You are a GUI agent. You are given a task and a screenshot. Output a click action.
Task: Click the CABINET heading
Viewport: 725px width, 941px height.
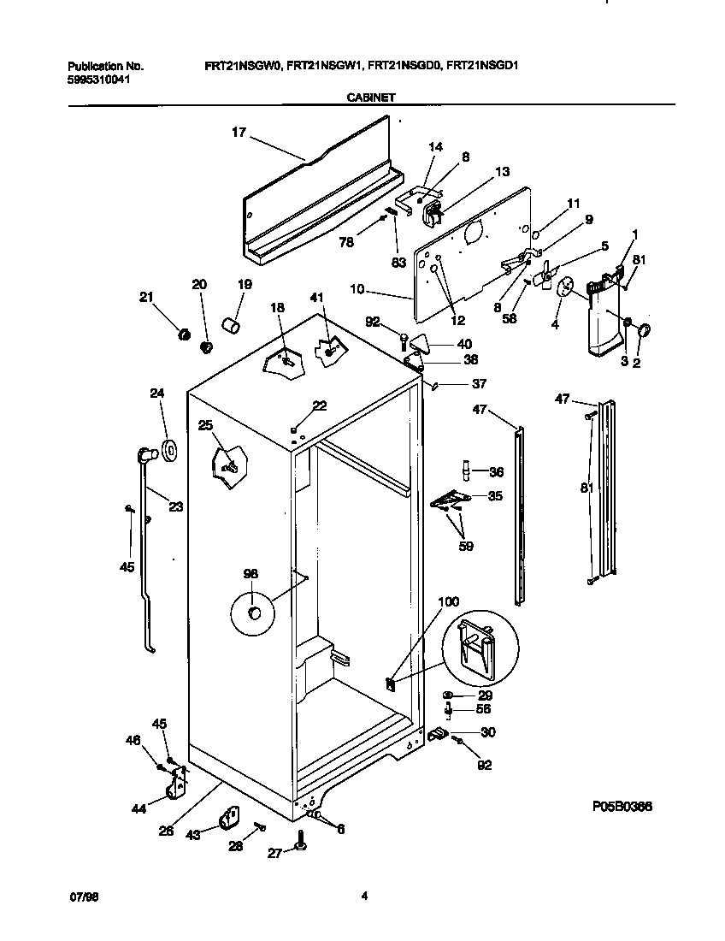point(370,98)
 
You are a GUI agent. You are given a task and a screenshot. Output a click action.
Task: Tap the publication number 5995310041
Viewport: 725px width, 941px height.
point(99,80)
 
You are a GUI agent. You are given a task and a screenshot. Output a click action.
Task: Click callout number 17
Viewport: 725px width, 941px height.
point(239,132)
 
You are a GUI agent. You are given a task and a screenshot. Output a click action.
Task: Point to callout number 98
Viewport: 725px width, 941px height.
point(251,574)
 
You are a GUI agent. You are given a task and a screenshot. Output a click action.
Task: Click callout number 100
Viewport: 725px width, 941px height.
point(447,602)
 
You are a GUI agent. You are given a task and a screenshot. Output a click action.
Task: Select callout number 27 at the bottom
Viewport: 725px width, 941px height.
point(275,852)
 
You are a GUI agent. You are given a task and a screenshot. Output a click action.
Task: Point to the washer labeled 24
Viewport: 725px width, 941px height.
point(168,447)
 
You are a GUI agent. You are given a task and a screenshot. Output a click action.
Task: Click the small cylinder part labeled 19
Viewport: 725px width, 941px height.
point(229,326)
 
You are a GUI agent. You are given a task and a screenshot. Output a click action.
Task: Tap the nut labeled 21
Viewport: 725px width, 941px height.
point(181,334)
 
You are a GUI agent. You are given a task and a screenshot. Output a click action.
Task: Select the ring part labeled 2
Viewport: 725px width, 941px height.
point(643,331)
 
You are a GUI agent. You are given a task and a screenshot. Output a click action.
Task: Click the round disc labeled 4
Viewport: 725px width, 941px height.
point(564,288)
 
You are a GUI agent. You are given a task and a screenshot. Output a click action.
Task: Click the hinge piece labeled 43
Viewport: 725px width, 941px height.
point(230,819)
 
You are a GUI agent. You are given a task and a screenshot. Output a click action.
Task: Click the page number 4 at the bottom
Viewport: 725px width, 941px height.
point(364,896)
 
